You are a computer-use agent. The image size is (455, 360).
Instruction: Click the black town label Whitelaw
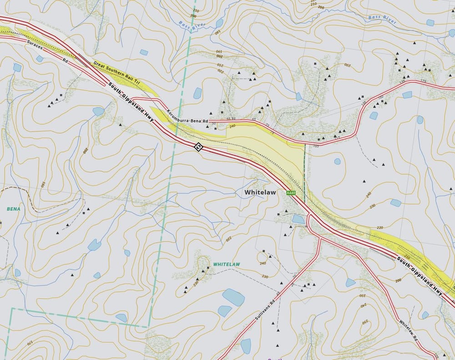[x=260, y=192]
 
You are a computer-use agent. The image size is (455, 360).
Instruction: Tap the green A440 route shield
[x=292, y=194]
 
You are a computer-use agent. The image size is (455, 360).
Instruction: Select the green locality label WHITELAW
[x=227, y=264]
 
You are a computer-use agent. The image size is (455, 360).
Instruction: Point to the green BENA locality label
[x=14, y=209]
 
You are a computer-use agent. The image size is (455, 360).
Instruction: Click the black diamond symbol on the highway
[x=198, y=146]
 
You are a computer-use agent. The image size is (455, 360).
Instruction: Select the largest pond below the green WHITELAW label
[x=233, y=297]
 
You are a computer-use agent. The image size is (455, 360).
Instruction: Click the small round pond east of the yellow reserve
[x=337, y=161]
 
